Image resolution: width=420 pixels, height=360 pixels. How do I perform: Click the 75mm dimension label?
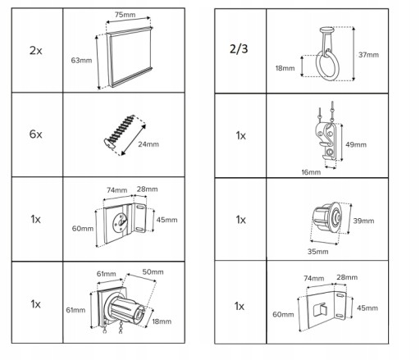pos(125,15)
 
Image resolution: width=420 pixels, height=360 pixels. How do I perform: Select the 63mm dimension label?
pos(81,61)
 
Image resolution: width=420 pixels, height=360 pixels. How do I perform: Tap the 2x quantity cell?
pos(36,51)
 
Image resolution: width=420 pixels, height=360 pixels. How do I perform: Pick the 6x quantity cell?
pos(36,134)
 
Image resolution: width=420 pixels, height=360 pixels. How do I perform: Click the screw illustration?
pos(120,131)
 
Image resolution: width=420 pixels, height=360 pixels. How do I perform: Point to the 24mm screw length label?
pos(148,144)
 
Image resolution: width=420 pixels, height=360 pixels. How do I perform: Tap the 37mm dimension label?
pos(368,55)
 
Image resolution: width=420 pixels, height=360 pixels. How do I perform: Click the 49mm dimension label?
pos(356,144)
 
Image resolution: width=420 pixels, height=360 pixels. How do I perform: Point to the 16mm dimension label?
pos(311,172)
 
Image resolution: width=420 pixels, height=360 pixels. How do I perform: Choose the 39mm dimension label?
pos(363,221)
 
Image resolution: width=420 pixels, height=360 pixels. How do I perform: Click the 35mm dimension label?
pos(317,252)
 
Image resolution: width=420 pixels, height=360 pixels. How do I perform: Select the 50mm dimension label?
pos(153,272)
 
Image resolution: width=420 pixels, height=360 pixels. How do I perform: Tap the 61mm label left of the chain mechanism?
pos(75,310)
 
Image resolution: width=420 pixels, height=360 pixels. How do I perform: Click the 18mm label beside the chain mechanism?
pos(162,321)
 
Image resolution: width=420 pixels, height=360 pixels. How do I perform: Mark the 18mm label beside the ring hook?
pos(285,68)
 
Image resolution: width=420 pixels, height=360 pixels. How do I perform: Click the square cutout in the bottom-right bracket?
pos(320,309)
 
